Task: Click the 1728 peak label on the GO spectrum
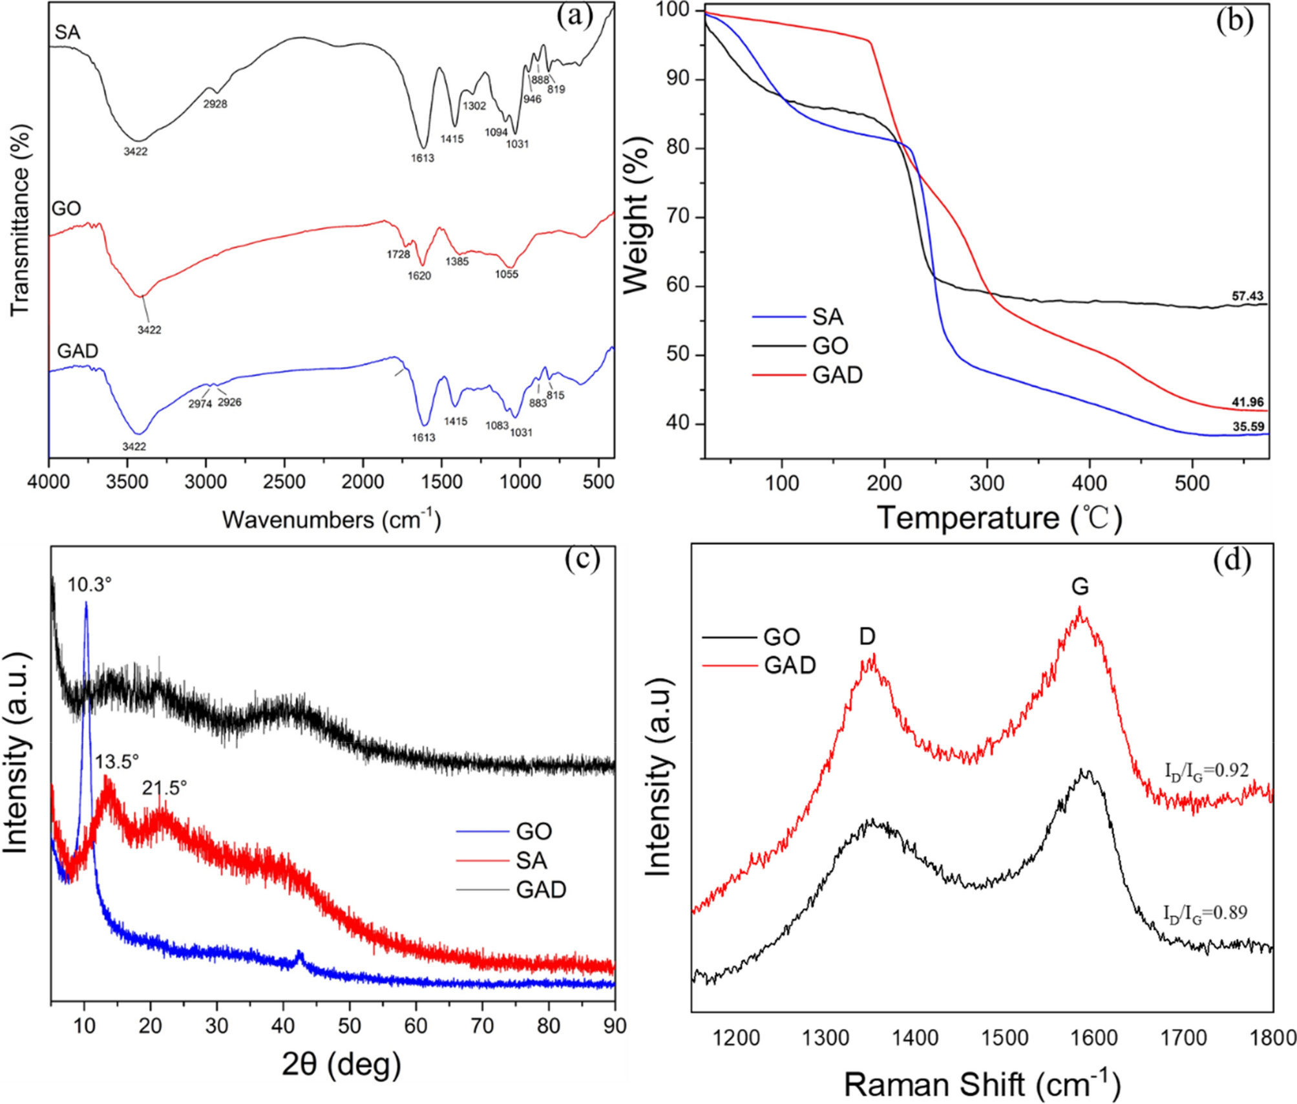pos(399,255)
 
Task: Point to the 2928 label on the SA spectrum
pos(215,104)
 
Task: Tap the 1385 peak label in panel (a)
pos(457,262)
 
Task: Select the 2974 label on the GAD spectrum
pos(200,405)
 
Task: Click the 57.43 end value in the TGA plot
pos(1247,296)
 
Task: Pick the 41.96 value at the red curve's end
pos(1247,402)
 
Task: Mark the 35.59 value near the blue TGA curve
pos(1247,427)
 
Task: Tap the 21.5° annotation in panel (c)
pos(165,788)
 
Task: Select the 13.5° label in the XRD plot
pos(117,762)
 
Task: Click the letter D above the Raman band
pos(867,637)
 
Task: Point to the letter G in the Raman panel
pos(1080,587)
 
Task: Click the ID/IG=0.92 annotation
pos(1207,770)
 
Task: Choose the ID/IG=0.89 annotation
pos(1205,913)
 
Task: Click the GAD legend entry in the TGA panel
pos(837,375)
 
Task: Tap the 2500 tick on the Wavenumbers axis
pos(284,482)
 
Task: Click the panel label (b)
pos(1234,21)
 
